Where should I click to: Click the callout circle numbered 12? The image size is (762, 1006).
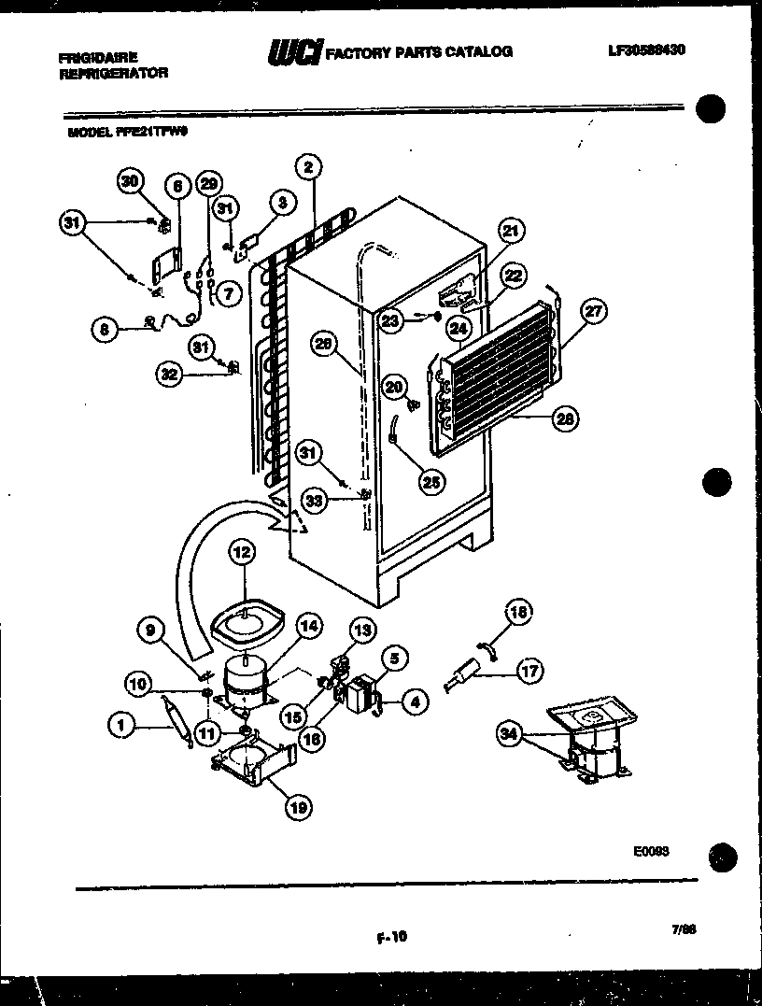[242, 553]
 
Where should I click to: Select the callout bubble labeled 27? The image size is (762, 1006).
[591, 312]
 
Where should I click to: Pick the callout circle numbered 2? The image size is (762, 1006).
[307, 167]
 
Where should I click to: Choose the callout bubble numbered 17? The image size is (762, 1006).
[529, 669]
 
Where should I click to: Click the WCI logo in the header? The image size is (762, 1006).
[294, 52]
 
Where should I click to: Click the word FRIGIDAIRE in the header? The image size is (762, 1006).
[98, 57]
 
